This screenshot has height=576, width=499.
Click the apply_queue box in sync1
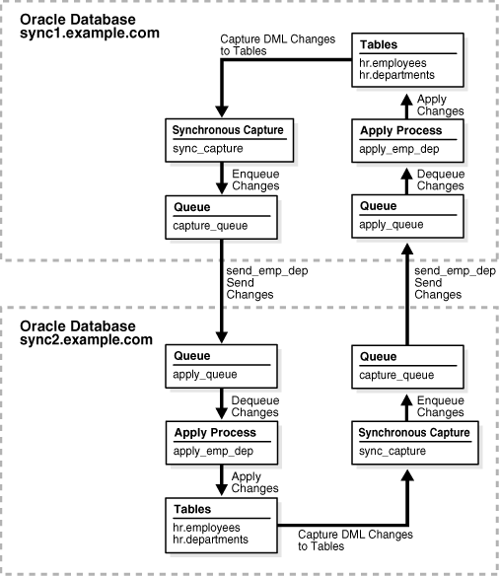[408, 217]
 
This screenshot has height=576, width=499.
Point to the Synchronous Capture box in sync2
[408, 441]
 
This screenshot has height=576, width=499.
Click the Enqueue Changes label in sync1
[254, 180]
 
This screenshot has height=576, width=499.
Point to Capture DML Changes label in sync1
[279, 45]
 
